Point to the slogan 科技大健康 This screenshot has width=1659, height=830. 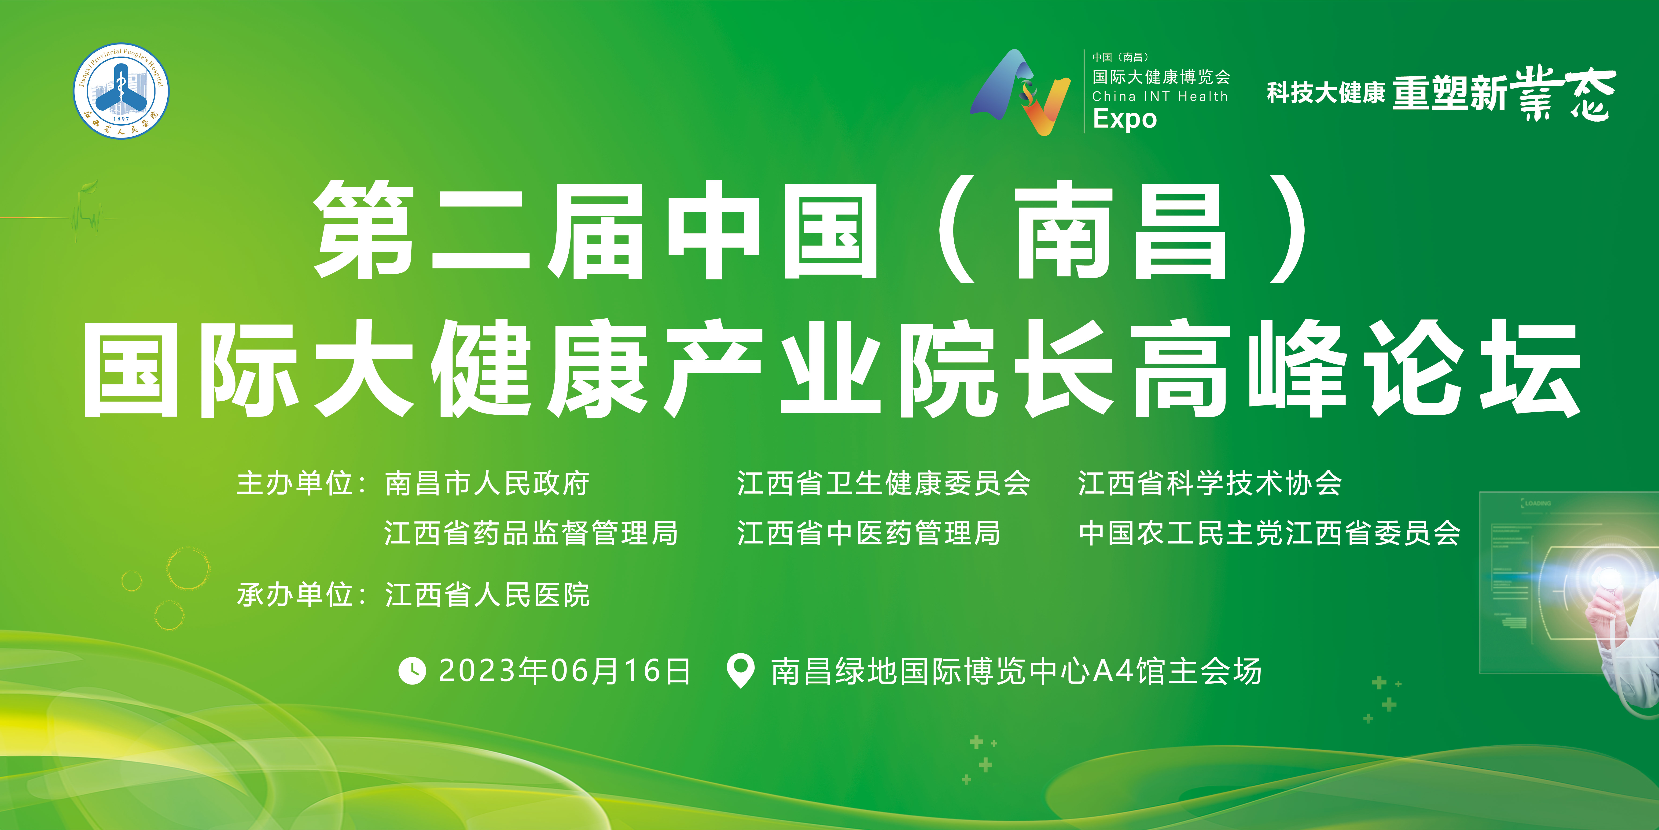click(x=1325, y=93)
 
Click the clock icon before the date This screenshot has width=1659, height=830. click(x=412, y=671)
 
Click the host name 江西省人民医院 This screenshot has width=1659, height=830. click(x=487, y=594)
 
